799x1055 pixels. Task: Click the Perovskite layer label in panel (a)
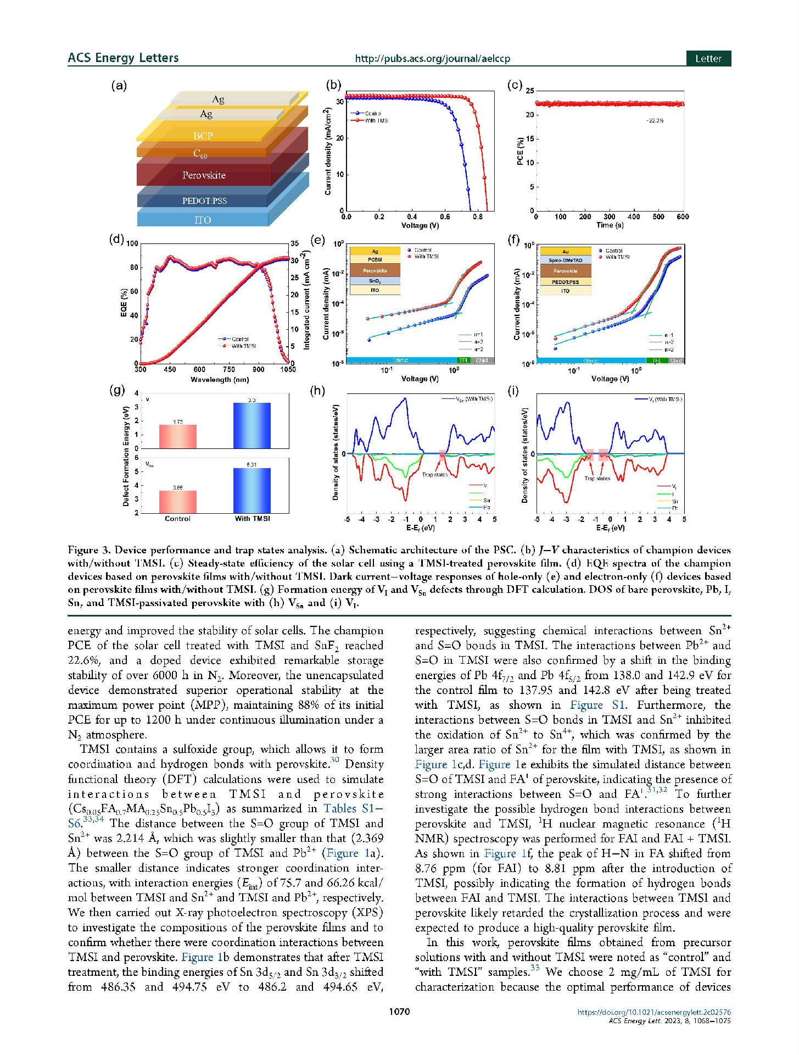tap(204, 175)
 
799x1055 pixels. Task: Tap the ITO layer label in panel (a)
tap(202, 220)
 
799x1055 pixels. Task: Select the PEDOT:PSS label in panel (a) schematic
tap(204, 201)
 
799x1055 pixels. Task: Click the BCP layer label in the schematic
tap(203, 136)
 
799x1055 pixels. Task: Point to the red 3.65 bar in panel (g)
tap(177, 502)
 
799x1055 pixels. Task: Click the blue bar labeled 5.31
tap(252, 490)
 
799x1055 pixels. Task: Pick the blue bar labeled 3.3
tap(252, 425)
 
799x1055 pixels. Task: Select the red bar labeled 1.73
tap(177, 436)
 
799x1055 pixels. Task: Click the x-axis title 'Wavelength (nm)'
tap(220, 380)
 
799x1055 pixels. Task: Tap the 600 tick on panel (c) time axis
tap(683, 217)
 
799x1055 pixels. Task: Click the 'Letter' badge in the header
tap(708, 59)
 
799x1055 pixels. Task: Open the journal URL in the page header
tap(432, 58)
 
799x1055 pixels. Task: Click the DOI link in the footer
tap(653, 1012)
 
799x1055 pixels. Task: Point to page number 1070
tap(399, 1012)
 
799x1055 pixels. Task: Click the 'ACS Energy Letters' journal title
tap(123, 58)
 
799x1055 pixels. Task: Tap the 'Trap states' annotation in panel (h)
tap(434, 475)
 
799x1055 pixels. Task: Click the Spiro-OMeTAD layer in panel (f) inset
tap(565, 260)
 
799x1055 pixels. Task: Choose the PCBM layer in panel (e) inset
tap(375, 260)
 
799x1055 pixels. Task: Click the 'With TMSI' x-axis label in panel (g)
tap(252, 519)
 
